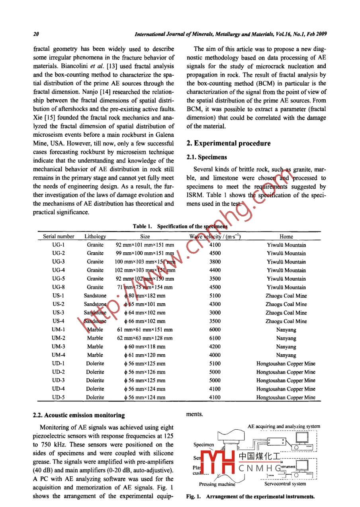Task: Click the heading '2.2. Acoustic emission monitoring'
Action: click(79, 415)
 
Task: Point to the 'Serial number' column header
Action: click(59, 236)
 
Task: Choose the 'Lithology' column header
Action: click(95, 236)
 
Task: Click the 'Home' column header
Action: click(286, 236)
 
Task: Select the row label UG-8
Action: click(59, 287)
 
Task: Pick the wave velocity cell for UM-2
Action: click(215, 338)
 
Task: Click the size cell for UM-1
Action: click(145, 330)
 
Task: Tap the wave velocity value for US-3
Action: click(215, 313)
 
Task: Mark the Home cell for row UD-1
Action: click(286, 364)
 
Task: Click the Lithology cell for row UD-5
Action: click(95, 397)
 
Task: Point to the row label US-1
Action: click(59, 296)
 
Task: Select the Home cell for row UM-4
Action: click(286, 355)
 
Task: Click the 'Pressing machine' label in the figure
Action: click(217, 484)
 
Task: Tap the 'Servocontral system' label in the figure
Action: click(285, 484)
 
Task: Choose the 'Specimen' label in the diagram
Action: click(203, 445)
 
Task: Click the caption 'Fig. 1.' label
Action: click(194, 497)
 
